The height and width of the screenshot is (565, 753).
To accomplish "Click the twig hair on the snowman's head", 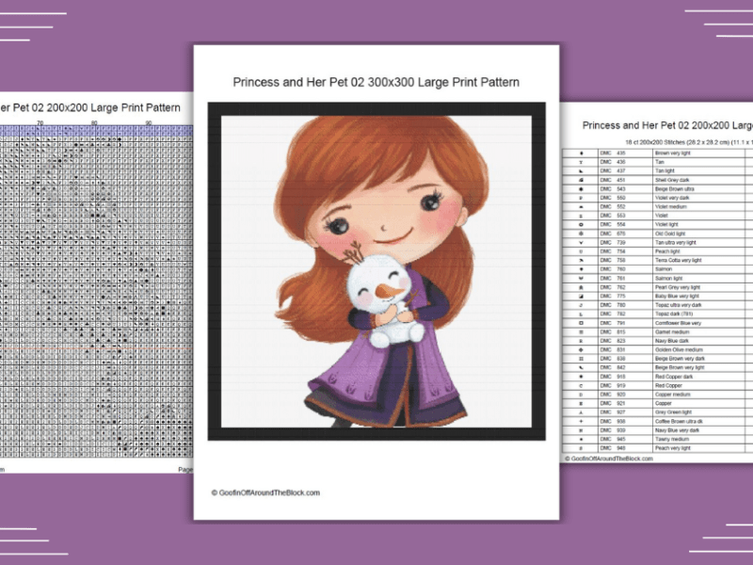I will (x=355, y=254).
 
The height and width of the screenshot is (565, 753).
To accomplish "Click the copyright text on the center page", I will (x=265, y=492).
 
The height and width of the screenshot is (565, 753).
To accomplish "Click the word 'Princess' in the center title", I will (x=257, y=83).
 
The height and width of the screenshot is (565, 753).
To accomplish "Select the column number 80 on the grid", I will (x=94, y=123).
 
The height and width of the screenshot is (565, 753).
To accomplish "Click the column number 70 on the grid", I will (x=40, y=123).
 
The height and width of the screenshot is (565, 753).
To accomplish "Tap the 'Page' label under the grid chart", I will (x=185, y=468).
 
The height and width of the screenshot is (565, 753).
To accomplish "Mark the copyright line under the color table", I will (x=609, y=459).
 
